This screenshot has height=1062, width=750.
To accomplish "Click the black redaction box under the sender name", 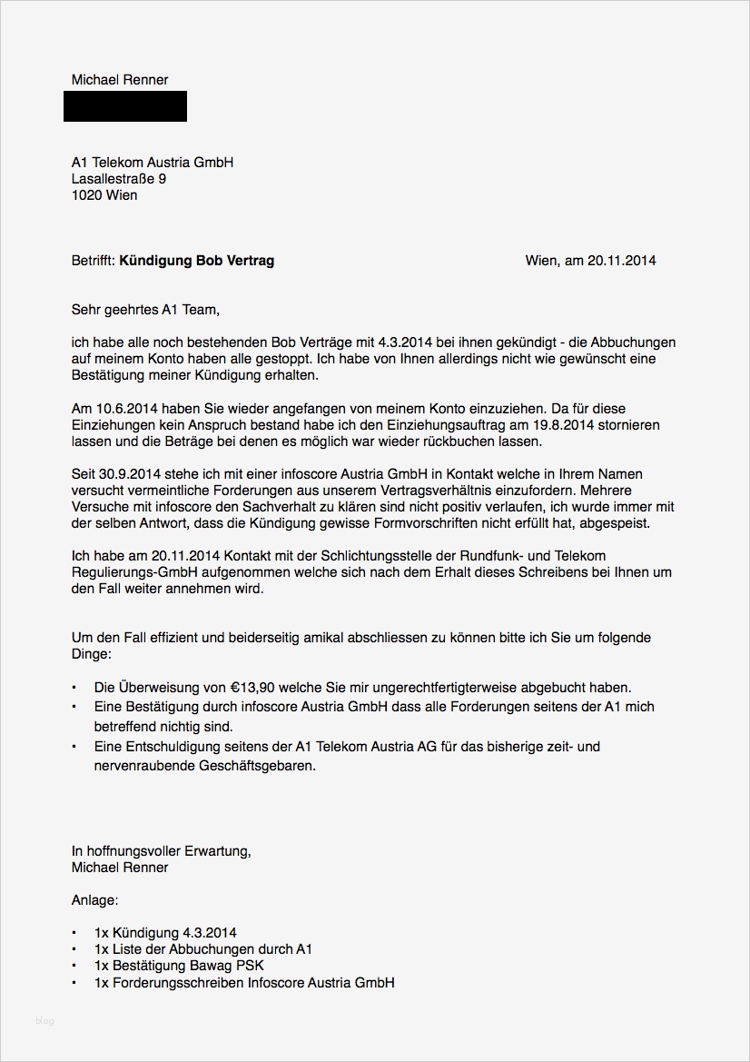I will coord(125,106).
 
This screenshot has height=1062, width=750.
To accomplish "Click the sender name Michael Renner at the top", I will coord(120,80).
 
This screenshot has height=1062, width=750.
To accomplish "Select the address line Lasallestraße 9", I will coord(119,179).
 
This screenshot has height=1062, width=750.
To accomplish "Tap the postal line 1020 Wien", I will coord(104,195).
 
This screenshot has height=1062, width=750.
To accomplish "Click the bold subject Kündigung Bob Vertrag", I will coord(197,261).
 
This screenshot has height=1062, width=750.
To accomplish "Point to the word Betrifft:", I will coord(94,261).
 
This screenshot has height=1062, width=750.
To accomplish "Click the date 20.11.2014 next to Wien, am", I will coord(621,261).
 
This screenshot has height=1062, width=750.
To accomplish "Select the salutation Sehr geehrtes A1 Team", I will coord(145,310).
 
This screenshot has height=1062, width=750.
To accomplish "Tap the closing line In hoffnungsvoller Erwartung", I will coord(161,851).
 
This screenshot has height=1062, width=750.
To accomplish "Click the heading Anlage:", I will coord(95,900).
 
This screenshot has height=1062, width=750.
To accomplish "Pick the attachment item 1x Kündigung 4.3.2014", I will coord(165,933).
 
